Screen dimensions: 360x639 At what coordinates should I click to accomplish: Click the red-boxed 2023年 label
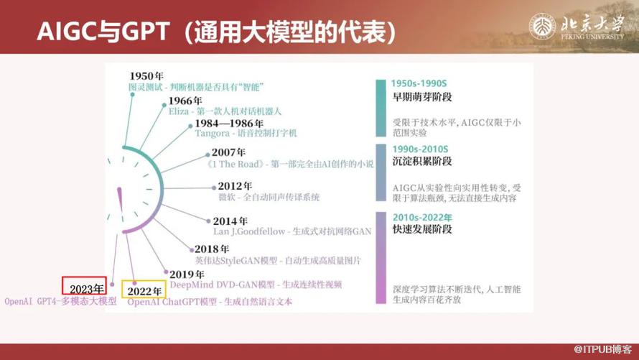coord(84,288)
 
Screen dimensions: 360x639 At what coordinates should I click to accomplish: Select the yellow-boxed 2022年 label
coord(144,291)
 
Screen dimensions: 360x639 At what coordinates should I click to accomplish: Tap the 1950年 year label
coord(148,76)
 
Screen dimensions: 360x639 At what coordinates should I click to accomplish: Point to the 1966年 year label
coord(186,101)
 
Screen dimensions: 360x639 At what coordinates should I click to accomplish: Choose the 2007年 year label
coord(229,152)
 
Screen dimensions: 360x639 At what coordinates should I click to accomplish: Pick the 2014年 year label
coord(231,221)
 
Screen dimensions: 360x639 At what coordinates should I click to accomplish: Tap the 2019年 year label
coord(185,272)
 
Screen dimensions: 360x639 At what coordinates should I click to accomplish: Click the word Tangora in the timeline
coord(214,134)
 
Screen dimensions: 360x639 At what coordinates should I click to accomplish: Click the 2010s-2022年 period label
coord(422,217)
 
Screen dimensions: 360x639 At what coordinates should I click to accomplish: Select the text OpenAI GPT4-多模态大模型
coord(60,301)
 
